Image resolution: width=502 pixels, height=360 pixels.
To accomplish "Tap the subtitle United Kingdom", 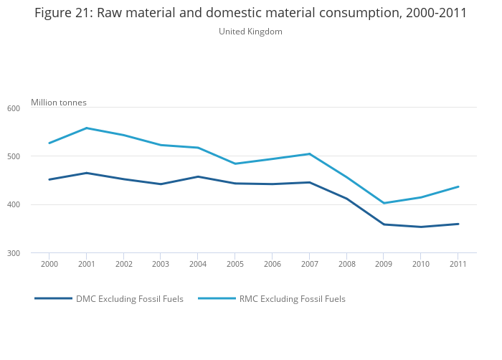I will [x=250, y=32].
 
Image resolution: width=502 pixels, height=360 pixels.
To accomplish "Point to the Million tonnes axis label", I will [x=58, y=103].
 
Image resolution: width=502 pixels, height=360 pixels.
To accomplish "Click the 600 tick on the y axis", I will [x=13, y=108].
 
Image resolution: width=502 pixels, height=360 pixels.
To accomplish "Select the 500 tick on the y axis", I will [x=13, y=156].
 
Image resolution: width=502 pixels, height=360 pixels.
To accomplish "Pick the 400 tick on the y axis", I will [x=13, y=205].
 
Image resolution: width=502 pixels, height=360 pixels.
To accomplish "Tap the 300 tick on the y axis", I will [x=13, y=253].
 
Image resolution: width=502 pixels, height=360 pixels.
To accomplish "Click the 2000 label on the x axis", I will [x=49, y=264].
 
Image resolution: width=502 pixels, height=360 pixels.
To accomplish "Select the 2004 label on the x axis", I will [x=198, y=264].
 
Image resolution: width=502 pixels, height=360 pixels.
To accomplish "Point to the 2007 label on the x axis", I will [x=309, y=264].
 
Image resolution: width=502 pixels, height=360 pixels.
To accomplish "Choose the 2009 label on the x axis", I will [x=384, y=264].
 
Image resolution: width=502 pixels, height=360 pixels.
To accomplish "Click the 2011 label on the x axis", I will [x=458, y=264].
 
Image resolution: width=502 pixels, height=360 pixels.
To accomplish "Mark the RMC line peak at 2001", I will [x=86, y=128].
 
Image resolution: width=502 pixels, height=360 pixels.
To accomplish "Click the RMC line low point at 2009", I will [x=384, y=203].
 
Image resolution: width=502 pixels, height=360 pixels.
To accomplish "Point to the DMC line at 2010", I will [x=421, y=227].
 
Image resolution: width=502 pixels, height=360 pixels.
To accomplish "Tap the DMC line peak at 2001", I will [x=86, y=173].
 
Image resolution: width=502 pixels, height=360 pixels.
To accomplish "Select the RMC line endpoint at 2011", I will [x=458, y=186].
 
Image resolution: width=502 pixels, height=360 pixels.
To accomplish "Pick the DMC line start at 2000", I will [x=49, y=179].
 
